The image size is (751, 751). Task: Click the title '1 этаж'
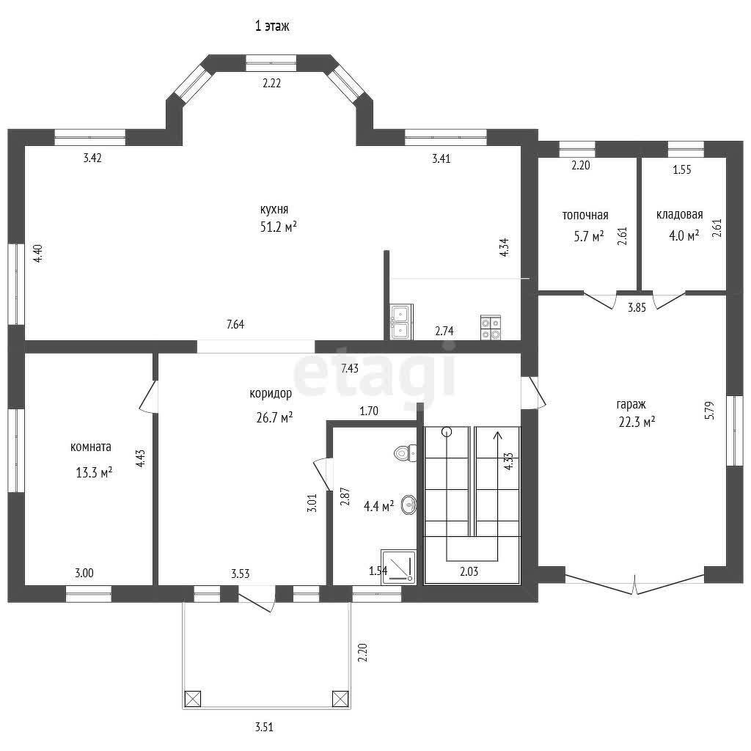271,26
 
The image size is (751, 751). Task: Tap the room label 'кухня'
274,209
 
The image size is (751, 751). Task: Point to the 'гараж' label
631,405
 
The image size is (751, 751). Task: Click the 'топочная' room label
585,216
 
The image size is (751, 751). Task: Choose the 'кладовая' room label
679,215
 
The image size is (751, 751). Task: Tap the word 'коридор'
271,394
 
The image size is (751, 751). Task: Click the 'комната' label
90,447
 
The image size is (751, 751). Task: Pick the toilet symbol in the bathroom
405,453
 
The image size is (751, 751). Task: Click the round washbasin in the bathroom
409,505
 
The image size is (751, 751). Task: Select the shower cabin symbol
398,567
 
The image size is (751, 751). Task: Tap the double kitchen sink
401,322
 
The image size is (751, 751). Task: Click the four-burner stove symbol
491,328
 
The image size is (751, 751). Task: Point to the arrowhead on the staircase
498,436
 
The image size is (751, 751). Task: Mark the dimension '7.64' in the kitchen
235,324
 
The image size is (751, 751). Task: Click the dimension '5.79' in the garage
709,411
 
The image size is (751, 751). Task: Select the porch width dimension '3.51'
264,727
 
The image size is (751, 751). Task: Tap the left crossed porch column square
193,698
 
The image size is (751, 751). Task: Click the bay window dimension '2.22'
271,83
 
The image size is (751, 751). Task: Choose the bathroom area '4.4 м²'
379,506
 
